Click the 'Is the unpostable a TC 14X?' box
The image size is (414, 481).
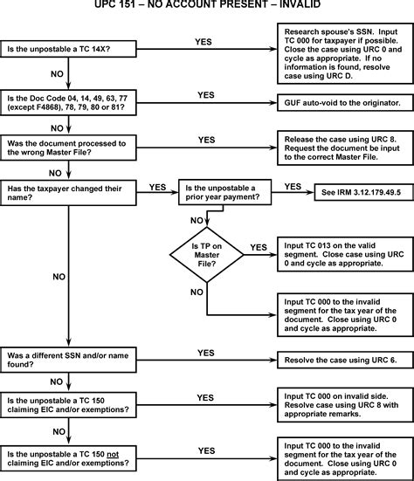coord(68,49)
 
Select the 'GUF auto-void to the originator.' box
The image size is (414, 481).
coord(345,103)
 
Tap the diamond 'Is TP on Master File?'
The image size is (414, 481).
coord(207,255)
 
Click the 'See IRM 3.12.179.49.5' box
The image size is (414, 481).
coord(364,192)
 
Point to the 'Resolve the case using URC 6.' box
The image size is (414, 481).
coord(345,361)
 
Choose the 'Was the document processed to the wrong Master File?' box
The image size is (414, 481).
coord(68,148)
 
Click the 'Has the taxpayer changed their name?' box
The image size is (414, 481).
coord(68,193)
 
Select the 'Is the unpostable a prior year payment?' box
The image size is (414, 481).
coord(225,192)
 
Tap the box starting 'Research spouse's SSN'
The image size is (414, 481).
coord(345,53)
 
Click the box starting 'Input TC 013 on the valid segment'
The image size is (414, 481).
coord(345,254)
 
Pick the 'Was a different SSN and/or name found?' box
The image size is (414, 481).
coord(68,360)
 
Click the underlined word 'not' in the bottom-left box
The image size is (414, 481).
coord(113,454)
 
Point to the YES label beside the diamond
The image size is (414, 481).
coord(259,247)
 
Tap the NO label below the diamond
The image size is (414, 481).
coord(197,292)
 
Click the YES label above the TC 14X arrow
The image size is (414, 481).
coord(204,42)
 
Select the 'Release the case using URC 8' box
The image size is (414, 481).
coord(345,148)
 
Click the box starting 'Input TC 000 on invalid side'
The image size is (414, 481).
coord(345,405)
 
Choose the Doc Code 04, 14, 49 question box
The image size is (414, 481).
coord(68,102)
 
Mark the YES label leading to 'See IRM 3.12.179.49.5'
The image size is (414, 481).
coord(293,187)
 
